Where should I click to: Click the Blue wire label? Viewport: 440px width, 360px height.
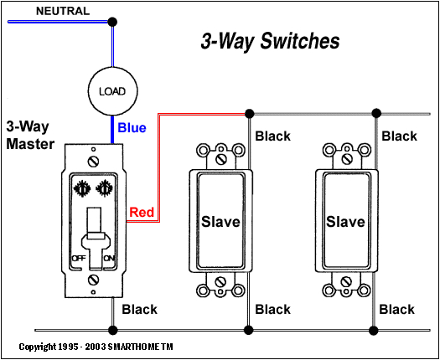[x=132, y=128]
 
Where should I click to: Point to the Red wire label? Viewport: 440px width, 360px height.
[x=142, y=213]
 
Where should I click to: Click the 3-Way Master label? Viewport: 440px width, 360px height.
[x=30, y=135]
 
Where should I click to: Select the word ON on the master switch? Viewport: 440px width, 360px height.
[x=108, y=259]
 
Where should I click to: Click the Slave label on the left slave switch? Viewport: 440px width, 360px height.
[x=220, y=222]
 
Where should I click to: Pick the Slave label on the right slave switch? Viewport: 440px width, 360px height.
[x=345, y=222]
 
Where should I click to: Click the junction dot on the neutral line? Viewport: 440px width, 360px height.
[x=112, y=20]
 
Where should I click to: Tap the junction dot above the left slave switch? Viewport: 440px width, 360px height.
[x=249, y=111]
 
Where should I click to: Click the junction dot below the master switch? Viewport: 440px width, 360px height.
[x=112, y=327]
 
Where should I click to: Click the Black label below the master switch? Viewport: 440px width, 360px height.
[x=139, y=310]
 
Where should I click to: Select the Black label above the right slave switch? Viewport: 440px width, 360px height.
[x=399, y=136]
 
